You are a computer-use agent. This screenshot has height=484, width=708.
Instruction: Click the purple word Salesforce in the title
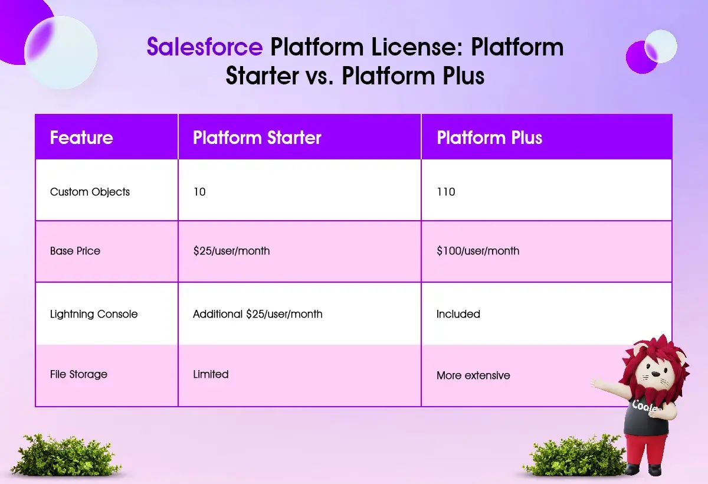(x=205, y=47)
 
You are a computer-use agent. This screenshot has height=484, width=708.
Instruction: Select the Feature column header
(x=81, y=138)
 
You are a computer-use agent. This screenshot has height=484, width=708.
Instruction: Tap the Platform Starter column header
(x=257, y=138)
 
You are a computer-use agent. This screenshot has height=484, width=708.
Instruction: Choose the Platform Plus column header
(x=489, y=138)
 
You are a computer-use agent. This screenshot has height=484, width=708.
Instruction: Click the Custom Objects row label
(x=90, y=192)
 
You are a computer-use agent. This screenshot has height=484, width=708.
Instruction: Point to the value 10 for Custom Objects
(x=199, y=192)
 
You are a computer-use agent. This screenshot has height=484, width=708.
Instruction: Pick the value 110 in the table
(x=445, y=192)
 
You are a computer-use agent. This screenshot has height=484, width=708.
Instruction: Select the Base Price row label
(x=75, y=251)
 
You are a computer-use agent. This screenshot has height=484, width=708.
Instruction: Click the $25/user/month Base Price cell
(x=231, y=251)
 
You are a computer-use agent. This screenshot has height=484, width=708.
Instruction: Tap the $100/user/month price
(x=477, y=251)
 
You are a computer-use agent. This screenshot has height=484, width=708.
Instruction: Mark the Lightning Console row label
(x=94, y=314)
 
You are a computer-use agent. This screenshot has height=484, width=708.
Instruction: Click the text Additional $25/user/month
(x=258, y=314)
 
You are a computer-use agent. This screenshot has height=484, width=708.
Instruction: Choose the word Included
(x=458, y=314)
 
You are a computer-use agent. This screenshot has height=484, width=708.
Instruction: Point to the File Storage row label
(x=78, y=374)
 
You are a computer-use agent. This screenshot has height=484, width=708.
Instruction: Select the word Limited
(x=211, y=374)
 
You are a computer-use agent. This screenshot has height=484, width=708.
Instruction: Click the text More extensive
(x=473, y=375)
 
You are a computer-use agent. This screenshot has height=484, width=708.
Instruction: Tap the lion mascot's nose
(x=656, y=374)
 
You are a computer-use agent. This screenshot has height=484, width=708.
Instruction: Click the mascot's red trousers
(x=645, y=450)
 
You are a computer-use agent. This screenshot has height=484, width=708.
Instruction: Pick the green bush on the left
(x=65, y=454)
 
